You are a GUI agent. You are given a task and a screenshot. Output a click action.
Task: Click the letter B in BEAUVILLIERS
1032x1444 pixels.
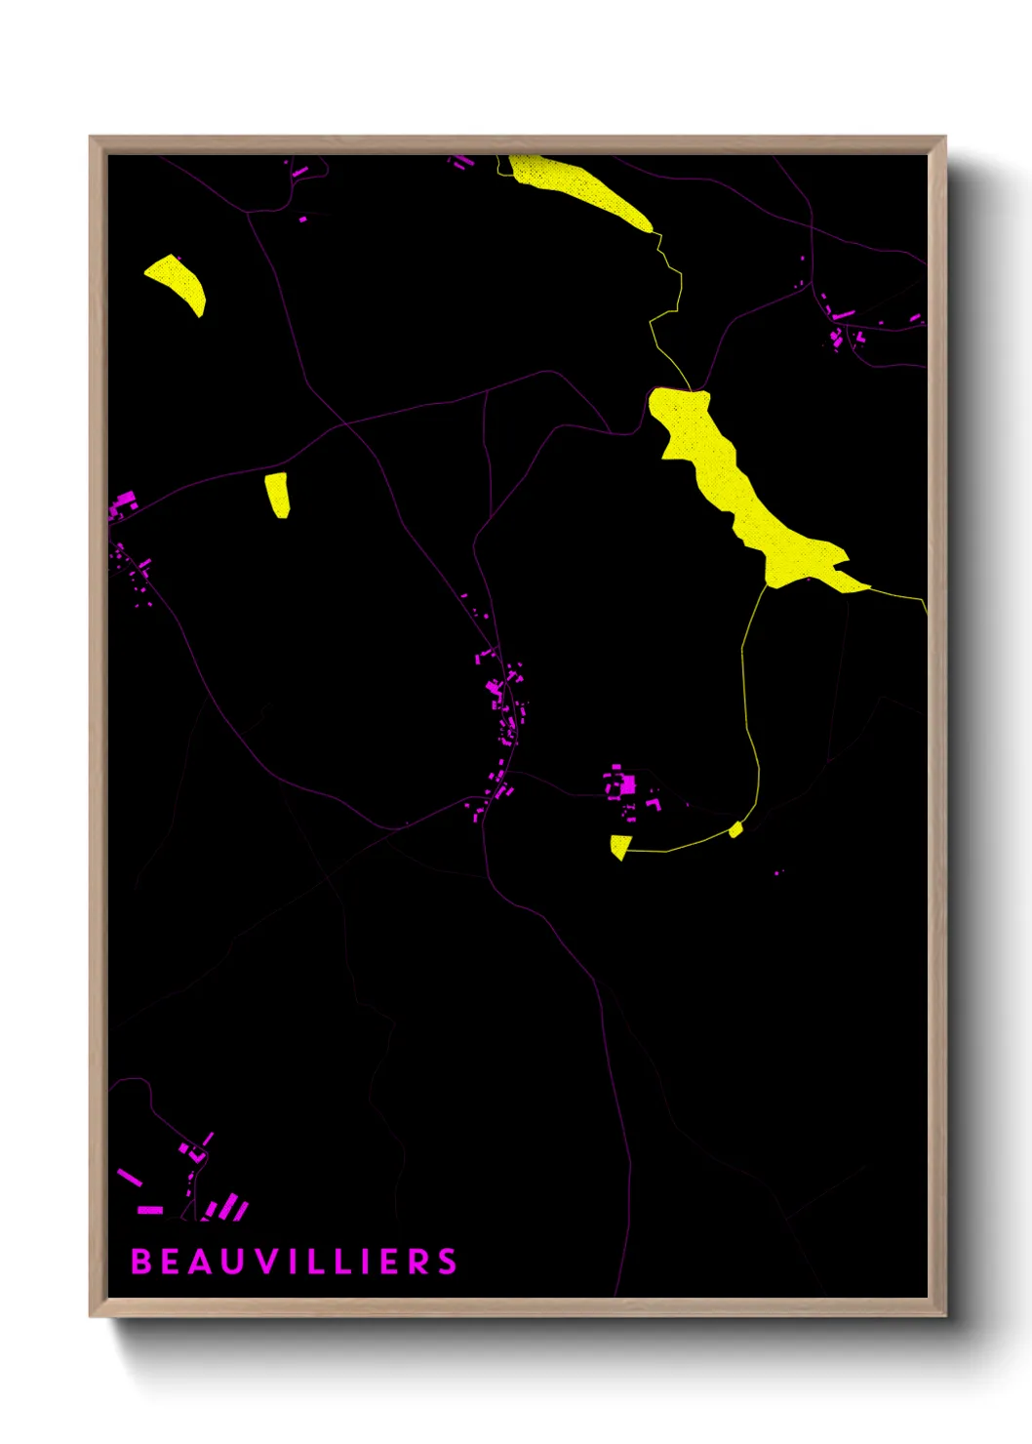pyautogui.click(x=139, y=1262)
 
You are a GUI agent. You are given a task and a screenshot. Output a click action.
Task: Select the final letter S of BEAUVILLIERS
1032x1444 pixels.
pyautogui.click(x=447, y=1262)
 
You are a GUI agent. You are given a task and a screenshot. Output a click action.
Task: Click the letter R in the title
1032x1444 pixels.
pyautogui.click(x=418, y=1262)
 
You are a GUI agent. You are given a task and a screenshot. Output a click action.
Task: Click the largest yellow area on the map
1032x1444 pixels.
pyautogui.click(x=741, y=488)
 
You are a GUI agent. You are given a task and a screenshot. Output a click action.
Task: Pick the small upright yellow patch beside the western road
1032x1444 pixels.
pyautogui.click(x=278, y=494)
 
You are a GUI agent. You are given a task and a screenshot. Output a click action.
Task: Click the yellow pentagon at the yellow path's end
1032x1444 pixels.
pyautogui.click(x=618, y=847)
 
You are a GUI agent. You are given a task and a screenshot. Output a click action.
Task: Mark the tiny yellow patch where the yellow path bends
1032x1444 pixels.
pyautogui.click(x=735, y=830)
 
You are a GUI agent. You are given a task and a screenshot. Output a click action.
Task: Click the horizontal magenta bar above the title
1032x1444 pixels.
pyautogui.click(x=150, y=1210)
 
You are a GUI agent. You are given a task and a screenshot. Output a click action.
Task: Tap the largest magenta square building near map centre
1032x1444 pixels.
pyautogui.click(x=628, y=784)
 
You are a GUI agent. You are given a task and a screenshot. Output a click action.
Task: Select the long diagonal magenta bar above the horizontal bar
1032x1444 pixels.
pyautogui.click(x=130, y=1178)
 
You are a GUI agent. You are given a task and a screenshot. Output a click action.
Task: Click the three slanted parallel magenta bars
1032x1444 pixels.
pyautogui.click(x=229, y=1209)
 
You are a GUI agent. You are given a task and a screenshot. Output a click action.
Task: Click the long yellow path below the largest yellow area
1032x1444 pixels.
pyautogui.click(x=751, y=712)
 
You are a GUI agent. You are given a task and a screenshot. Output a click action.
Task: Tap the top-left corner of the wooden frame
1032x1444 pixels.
pyautogui.click(x=92, y=139)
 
